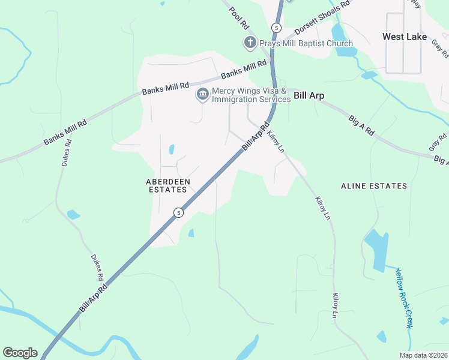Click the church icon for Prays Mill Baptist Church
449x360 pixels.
pos(250,43)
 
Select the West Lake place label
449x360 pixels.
pos(405,37)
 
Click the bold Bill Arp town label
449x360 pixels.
pos(309,95)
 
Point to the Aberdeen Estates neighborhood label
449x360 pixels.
pos(167,185)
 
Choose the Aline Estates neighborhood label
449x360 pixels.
pos(374,186)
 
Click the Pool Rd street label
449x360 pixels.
pos(238,18)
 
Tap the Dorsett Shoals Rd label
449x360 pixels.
pos(322,20)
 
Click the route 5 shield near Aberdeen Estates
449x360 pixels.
pos(178,212)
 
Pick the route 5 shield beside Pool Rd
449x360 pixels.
pos(276,28)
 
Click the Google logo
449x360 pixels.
pos(20,353)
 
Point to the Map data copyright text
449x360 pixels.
pos(423,355)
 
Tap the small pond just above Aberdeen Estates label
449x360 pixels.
pos(172,149)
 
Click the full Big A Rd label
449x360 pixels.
pos(361,127)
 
